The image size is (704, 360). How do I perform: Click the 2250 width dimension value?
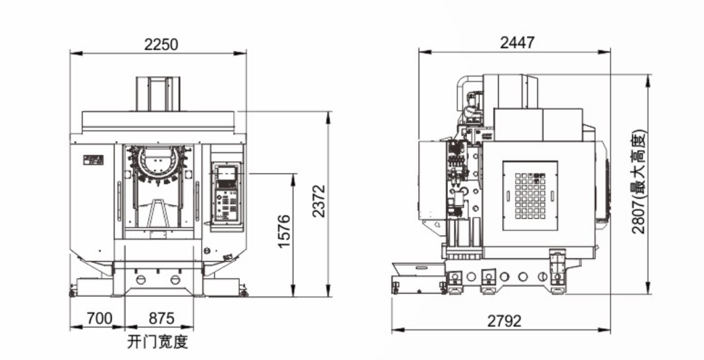[161, 44]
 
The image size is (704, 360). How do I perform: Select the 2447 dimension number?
[517, 42]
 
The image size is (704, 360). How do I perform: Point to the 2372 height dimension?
[319, 201]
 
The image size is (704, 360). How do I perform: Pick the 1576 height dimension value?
[285, 231]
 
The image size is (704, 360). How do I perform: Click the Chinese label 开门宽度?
[157, 341]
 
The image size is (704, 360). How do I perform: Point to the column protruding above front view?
[160, 94]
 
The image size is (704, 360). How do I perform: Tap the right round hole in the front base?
[175, 280]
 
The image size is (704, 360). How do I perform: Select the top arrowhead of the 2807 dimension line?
[648, 77]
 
